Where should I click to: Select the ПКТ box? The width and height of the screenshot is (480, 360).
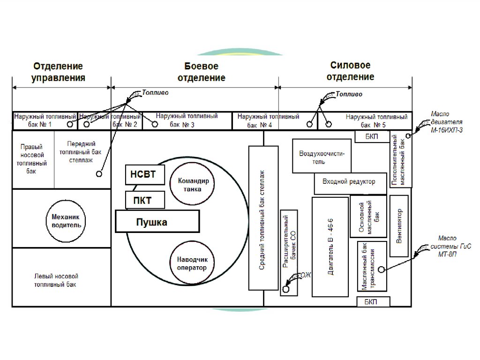[x=145, y=200]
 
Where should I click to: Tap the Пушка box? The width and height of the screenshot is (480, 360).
[x=157, y=221]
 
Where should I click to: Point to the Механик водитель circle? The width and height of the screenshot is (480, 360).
[x=66, y=221]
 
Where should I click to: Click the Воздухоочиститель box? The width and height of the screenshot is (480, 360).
[x=322, y=156]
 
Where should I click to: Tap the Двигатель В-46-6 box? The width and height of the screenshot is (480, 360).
[x=330, y=247]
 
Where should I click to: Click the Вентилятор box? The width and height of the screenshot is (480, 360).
[x=399, y=226]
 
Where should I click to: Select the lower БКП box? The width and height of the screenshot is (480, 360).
[x=373, y=301]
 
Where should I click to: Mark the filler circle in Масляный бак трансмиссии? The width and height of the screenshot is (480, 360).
[x=381, y=269]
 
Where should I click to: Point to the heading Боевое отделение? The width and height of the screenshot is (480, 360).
[x=201, y=72]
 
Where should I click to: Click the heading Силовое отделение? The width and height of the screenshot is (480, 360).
[x=350, y=71]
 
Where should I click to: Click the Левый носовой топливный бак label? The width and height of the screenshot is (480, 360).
[x=56, y=280]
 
